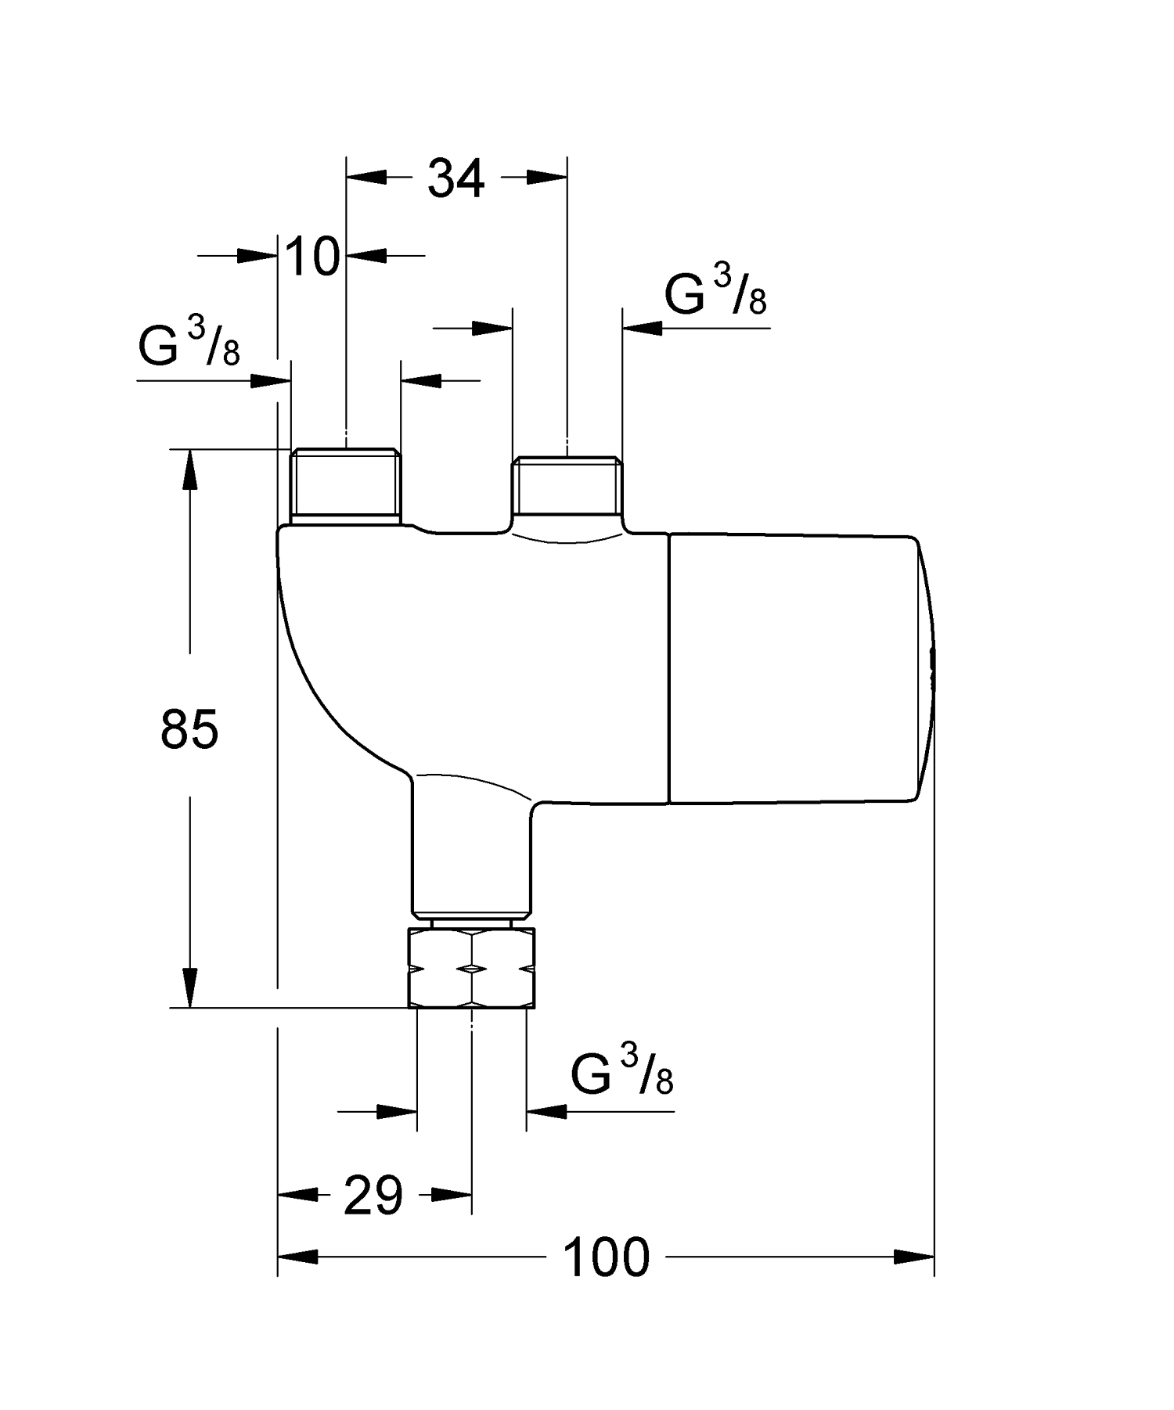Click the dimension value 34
click(456, 179)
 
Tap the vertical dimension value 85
click(189, 729)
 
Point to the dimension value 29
click(373, 1196)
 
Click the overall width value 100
click(607, 1257)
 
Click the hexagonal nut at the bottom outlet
click(472, 968)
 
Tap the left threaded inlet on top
click(345, 485)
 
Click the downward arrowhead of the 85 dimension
click(189, 987)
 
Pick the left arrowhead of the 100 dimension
click(297, 1257)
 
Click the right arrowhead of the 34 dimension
click(546, 178)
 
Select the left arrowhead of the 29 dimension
click(297, 1195)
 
